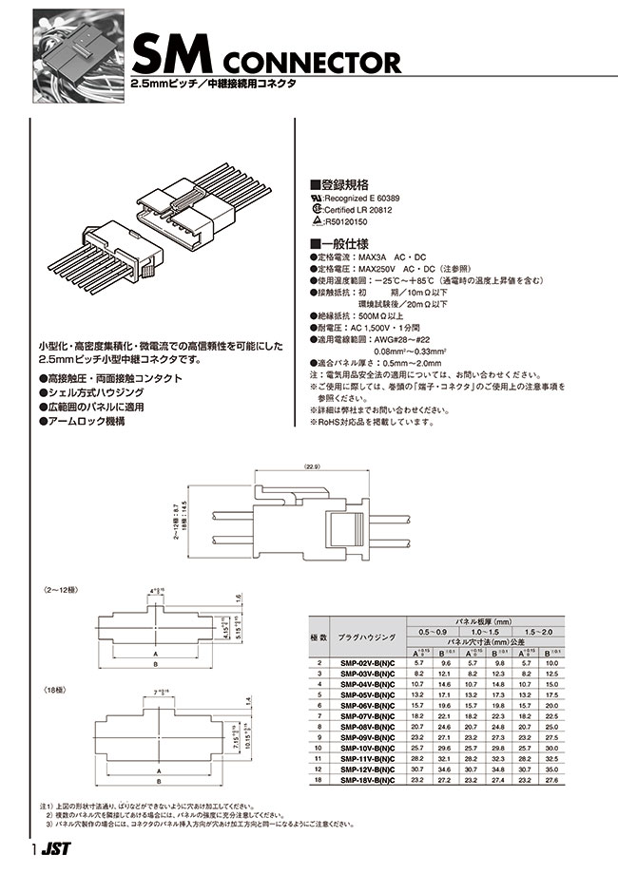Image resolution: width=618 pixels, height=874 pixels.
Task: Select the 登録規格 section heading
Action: (338, 186)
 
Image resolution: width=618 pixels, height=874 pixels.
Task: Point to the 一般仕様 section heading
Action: (338, 243)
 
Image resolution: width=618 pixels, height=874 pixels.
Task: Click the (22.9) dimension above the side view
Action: (314, 465)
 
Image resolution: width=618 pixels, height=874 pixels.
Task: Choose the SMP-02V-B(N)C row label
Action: (372, 663)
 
